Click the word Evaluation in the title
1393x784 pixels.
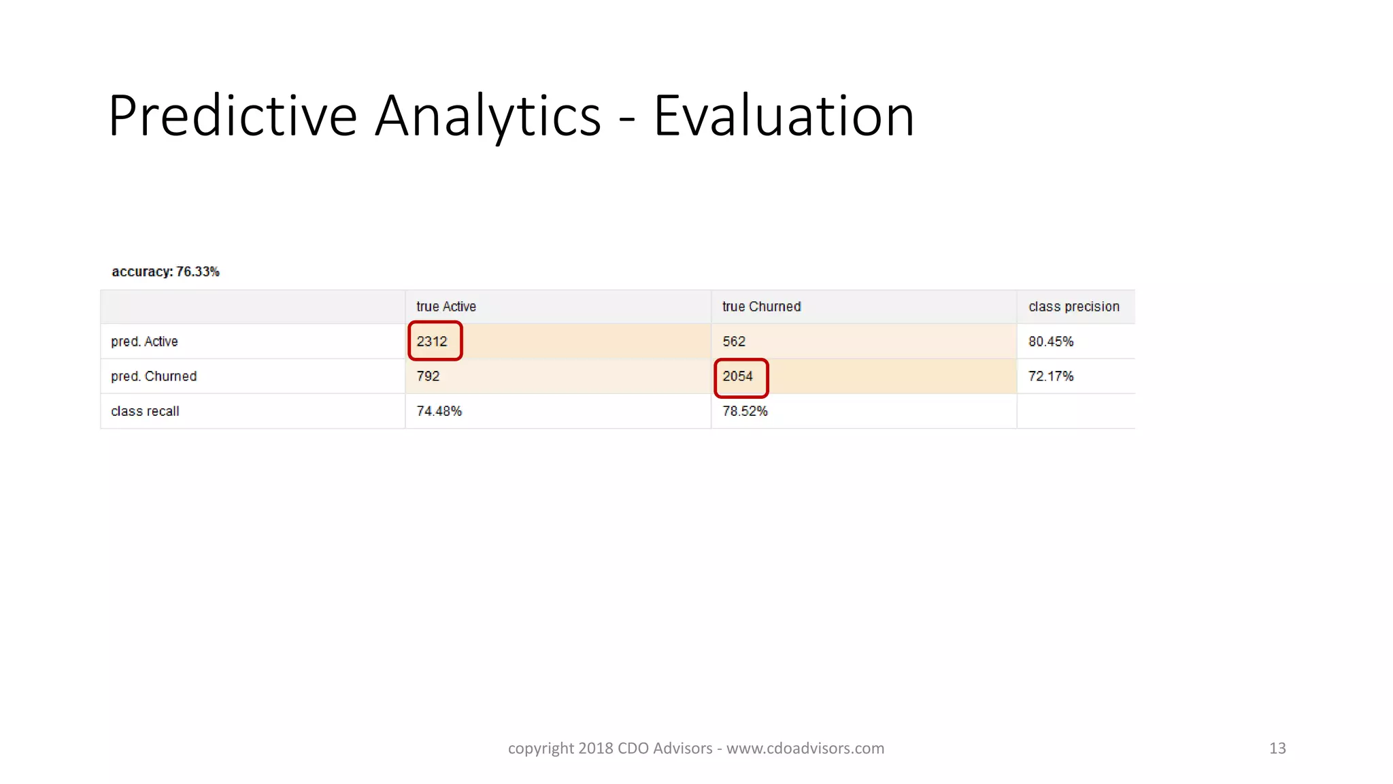[784, 116]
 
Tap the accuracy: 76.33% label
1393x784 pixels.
[165, 272]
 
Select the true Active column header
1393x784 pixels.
[446, 307]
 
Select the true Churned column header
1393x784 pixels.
[761, 307]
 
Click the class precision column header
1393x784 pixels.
[1073, 307]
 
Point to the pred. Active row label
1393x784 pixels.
[144, 342]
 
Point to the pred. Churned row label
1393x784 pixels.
[154, 376]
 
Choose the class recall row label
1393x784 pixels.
[145, 411]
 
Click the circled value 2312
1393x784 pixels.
[433, 342]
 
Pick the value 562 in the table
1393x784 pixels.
[734, 342]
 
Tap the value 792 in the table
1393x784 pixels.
[428, 376]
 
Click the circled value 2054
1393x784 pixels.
[738, 376]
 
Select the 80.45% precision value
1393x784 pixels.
[1051, 342]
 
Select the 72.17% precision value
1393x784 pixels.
[1051, 376]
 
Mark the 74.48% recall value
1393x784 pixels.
[439, 411]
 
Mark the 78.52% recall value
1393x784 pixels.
[745, 411]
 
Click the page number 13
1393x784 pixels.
[1277, 749]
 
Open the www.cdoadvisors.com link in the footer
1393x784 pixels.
[805, 749]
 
